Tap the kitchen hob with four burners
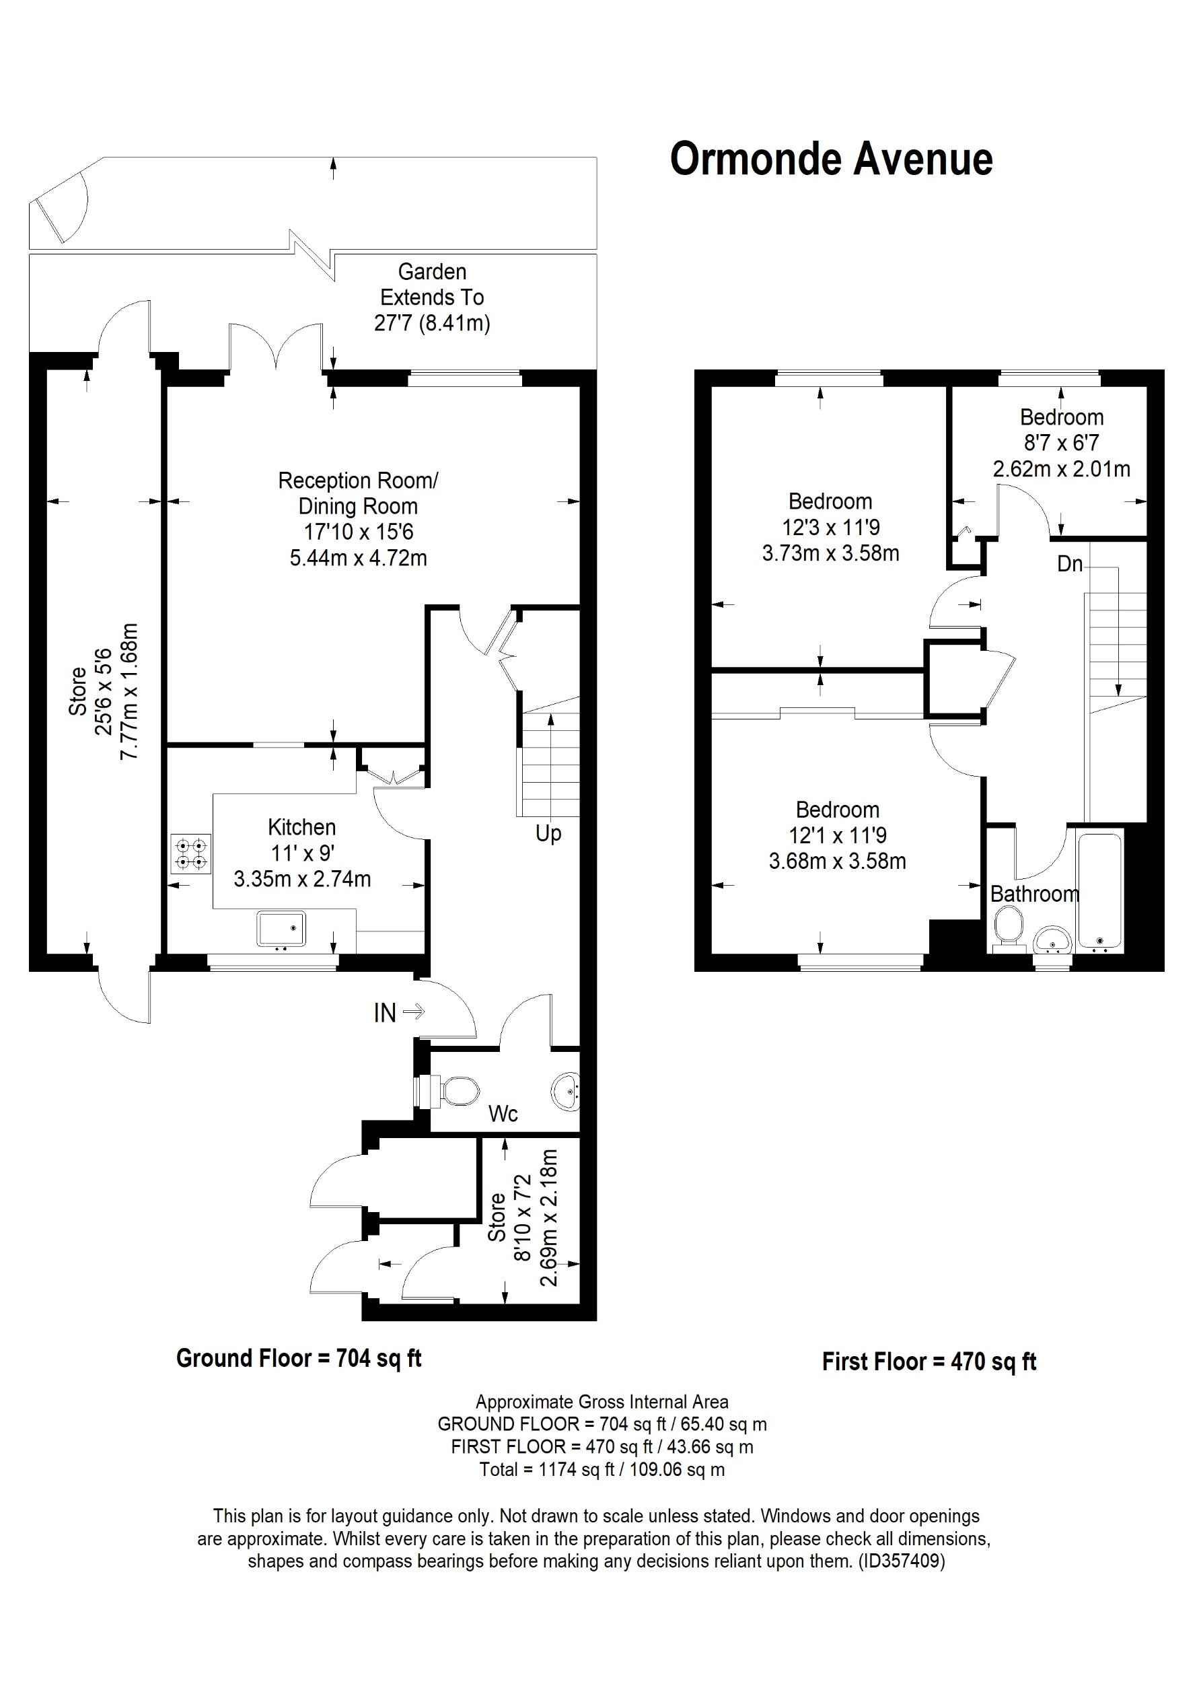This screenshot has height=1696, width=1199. (190, 853)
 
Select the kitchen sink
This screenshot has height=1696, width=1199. (281, 929)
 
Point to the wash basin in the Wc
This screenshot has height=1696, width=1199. (567, 1091)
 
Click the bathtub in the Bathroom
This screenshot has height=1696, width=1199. (1099, 890)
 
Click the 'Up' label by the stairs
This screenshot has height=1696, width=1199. (548, 833)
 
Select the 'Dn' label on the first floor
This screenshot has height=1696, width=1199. (1069, 565)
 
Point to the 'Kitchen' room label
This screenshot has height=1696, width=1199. (301, 826)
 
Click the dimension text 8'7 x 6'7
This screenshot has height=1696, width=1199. (1061, 444)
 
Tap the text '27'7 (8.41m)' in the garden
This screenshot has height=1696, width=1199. (432, 324)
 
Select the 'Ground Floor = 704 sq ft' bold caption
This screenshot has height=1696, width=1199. (298, 1357)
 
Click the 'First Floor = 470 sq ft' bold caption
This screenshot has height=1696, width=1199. (929, 1362)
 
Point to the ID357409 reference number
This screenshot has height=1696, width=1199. (900, 1561)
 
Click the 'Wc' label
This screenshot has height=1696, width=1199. (503, 1114)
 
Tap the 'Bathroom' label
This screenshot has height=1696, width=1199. (1033, 894)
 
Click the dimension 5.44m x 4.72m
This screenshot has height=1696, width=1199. (358, 558)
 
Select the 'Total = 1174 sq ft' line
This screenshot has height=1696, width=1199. (601, 1470)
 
